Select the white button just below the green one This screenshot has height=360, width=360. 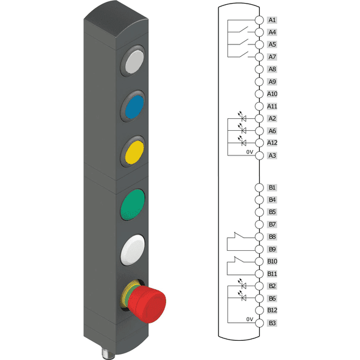tap(133, 251)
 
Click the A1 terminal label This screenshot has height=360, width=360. tap(272, 20)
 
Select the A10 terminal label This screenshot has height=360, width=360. tap(272, 94)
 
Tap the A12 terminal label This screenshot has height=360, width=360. tap(272, 143)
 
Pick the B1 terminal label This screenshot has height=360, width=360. tap(272, 188)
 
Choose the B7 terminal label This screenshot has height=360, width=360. tap(272, 224)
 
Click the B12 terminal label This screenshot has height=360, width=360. tap(272, 310)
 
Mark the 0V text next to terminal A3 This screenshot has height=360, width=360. tap(250, 152)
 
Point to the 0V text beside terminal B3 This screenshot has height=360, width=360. tap(250, 320)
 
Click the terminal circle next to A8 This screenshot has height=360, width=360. tap(259, 69)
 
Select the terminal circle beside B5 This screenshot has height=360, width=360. tap(259, 212)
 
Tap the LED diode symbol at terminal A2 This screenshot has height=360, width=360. tap(244, 118)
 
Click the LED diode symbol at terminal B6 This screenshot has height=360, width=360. tap(244, 298)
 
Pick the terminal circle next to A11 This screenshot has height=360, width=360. tap(259, 106)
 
